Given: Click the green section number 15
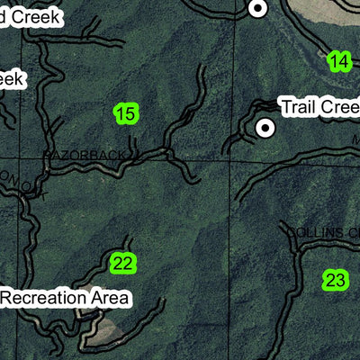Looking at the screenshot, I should point(126,113).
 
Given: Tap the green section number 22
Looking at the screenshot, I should point(122,264).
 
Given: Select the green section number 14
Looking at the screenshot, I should point(338,61).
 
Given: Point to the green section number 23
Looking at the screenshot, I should point(335,280).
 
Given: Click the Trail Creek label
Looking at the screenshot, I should point(319,107).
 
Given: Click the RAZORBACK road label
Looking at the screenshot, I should point(85,156).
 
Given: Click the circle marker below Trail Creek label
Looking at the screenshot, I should point(265,128).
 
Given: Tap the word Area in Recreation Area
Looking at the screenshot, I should point(110,297).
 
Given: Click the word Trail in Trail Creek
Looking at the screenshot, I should point(298,107).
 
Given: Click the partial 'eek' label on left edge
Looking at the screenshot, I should point(12,79).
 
